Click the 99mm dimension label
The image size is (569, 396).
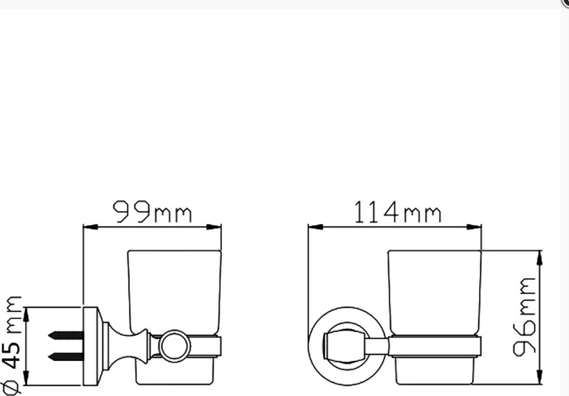click(152, 212)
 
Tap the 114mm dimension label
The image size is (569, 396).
click(398, 212)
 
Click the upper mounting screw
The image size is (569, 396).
click(66, 335)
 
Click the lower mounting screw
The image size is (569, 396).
click(66, 357)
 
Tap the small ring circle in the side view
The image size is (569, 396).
click(175, 346)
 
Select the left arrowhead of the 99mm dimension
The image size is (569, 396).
click(91, 227)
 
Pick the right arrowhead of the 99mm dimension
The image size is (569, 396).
click(214, 227)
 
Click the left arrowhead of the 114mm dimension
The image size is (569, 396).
click(315, 227)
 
